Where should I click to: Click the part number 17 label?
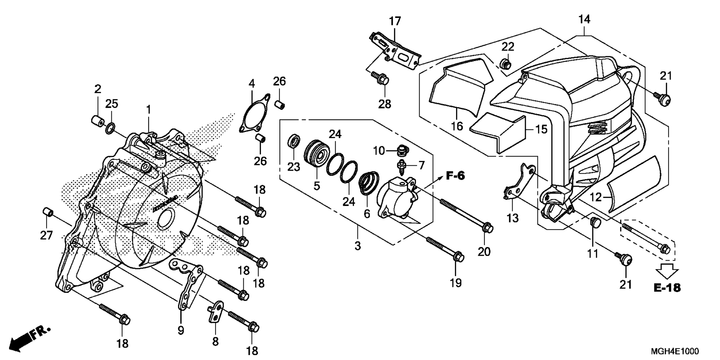tap(395, 21)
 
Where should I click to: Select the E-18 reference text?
tap(667, 288)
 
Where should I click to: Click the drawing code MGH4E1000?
tap(675, 351)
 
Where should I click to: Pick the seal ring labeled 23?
tap(294, 141)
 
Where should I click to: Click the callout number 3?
tap(358, 246)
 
